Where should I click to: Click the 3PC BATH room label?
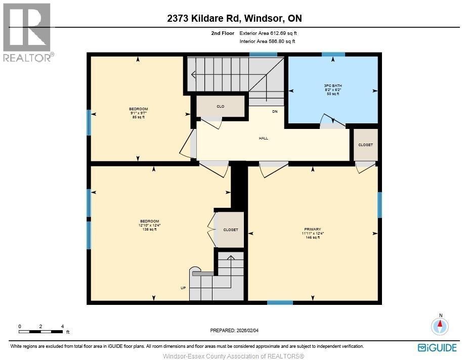(x=332, y=85)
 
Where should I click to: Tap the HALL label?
(x=263, y=138)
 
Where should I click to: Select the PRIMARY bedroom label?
(x=313, y=230)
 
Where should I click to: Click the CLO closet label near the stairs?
(x=221, y=107)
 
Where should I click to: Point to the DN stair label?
(x=275, y=112)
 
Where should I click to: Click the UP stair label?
(x=183, y=288)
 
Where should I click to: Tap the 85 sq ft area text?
(x=138, y=117)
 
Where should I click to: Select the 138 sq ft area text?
(x=149, y=230)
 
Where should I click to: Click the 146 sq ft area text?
(x=313, y=238)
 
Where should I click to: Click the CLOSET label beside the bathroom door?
(x=365, y=145)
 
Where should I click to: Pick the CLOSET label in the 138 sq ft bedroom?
(x=231, y=230)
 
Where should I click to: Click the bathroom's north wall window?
(x=333, y=55)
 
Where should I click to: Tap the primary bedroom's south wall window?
(x=280, y=302)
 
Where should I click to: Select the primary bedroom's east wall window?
(x=379, y=205)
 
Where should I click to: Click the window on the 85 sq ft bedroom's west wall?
(x=89, y=122)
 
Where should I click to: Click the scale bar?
(x=41, y=332)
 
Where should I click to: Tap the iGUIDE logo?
(x=437, y=348)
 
